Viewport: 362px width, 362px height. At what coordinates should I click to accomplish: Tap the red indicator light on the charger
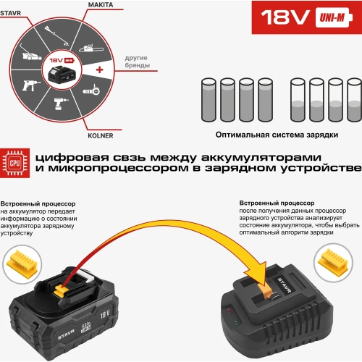point(231,311)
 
